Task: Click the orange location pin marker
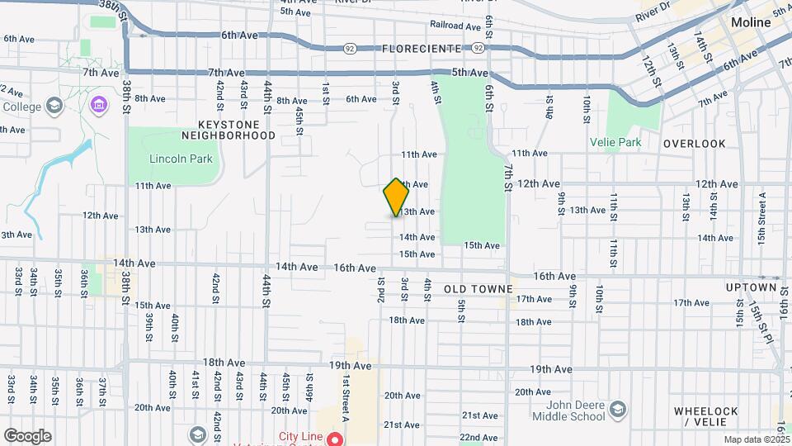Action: pyautogui.click(x=396, y=197)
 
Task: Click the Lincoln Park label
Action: pyautogui.click(x=181, y=159)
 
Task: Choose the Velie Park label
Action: pyautogui.click(x=615, y=141)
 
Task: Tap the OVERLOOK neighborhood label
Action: pyautogui.click(x=694, y=144)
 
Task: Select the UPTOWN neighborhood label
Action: pyautogui.click(x=751, y=287)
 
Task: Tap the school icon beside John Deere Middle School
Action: pyautogui.click(x=616, y=409)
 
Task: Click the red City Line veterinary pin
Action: pyautogui.click(x=334, y=439)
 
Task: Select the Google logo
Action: pyautogui.click(x=27, y=435)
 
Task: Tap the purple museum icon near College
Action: pyautogui.click(x=99, y=105)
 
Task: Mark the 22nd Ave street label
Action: pyautogui.click(x=479, y=437)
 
